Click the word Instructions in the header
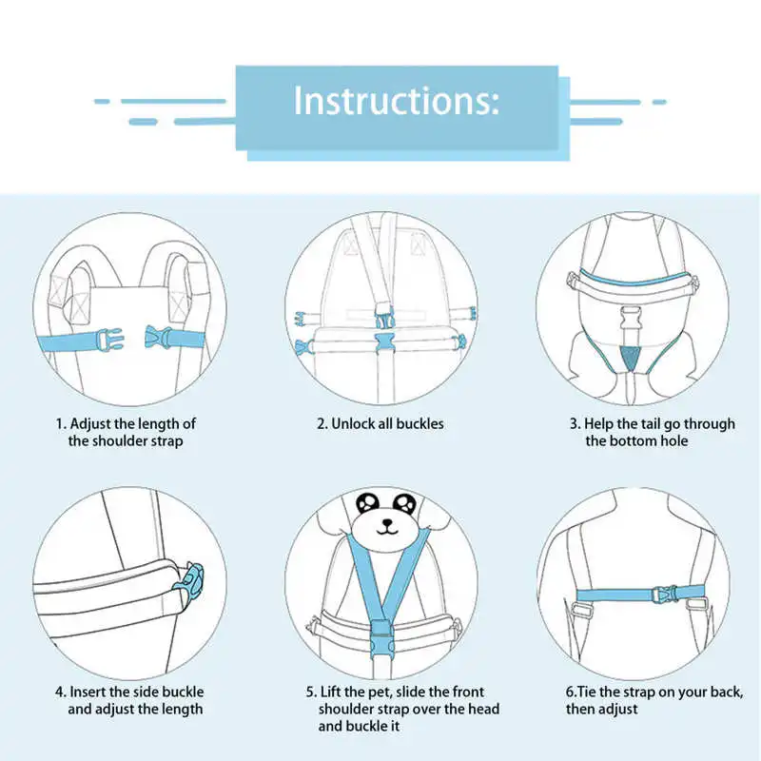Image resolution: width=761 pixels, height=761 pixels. pos(395,100)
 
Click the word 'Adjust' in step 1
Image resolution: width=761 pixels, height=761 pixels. pos(93,423)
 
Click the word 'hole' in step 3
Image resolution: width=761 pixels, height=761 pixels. pos(671,440)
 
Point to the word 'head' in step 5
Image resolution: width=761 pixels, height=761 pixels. pos(480,709)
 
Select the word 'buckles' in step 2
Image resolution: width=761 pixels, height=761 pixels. pos(420,423)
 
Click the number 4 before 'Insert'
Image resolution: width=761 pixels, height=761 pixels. pos(58,692)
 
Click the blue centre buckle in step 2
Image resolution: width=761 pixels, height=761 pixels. pos(386,343)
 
